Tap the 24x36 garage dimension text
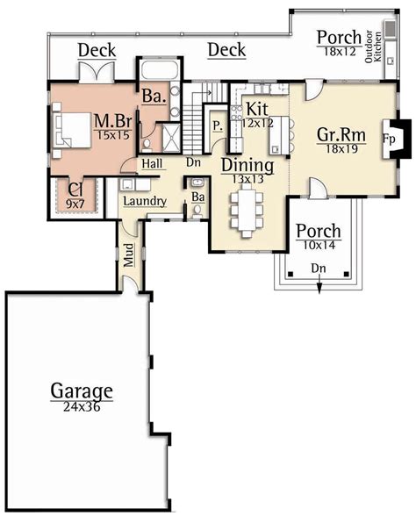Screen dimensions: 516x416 click(x=81, y=405)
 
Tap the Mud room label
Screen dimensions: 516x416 click(x=128, y=255)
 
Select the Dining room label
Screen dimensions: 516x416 click(x=247, y=166)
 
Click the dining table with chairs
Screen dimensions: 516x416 click(x=243, y=210)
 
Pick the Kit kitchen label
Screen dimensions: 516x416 click(x=257, y=108)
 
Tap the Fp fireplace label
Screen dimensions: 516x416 click(x=388, y=139)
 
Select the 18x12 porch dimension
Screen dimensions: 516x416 click(x=338, y=52)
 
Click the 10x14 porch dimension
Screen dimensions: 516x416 click(x=318, y=247)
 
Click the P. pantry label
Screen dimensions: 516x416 click(x=217, y=126)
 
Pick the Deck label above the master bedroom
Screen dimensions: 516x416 click(x=97, y=51)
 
